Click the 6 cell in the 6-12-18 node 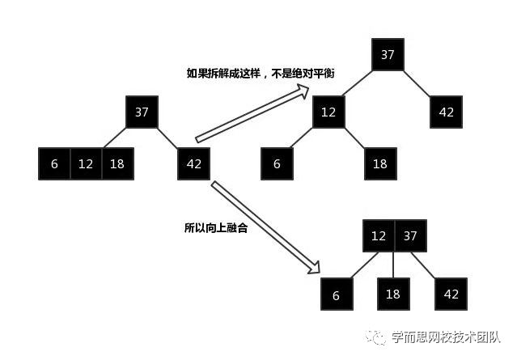tap(54, 164)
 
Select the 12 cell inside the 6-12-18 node tap(86, 164)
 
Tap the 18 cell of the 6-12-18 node tap(117, 164)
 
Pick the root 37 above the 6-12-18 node tap(142, 112)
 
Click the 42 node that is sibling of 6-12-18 tap(194, 164)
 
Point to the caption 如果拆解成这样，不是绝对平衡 tap(261, 74)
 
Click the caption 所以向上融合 tap(215, 228)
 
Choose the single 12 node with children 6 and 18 tap(328, 112)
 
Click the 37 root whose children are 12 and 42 tap(388, 55)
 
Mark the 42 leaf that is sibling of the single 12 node tap(447, 112)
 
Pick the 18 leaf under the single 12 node tap(380, 164)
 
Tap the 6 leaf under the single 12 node tap(277, 164)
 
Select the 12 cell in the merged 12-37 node tap(378, 235)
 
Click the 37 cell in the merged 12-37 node tap(409, 235)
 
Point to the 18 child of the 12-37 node tap(393, 294)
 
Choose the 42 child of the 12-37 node tap(451, 294)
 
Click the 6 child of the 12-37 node tap(337, 295)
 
